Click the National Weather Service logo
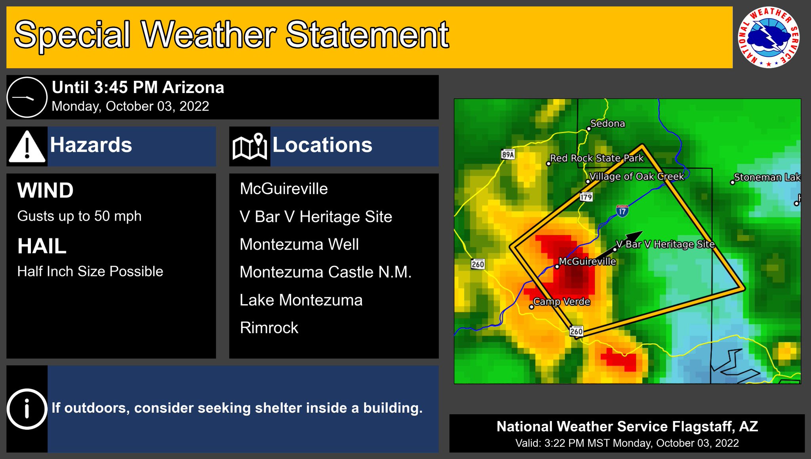(768, 37)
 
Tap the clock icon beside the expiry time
(27, 97)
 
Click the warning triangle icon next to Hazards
(27, 147)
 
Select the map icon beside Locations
(249, 147)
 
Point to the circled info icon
(27, 409)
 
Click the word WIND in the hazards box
(46, 190)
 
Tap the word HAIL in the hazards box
(42, 246)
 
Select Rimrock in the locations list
(269, 328)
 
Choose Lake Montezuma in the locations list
(301, 300)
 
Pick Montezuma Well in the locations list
(299, 244)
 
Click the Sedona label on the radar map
(607, 124)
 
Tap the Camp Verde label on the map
(562, 302)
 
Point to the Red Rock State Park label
(597, 158)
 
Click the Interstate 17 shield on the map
(622, 211)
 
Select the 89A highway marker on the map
(508, 154)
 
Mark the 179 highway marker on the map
(586, 196)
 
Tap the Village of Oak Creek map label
(636, 176)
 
